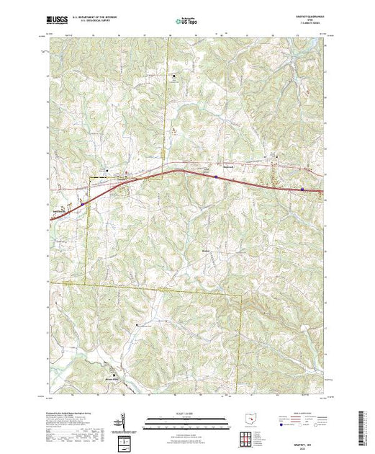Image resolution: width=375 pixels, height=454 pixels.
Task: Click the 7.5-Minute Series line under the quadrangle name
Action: coord(311,26)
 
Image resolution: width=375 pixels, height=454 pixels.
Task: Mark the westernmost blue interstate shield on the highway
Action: coord(83,203)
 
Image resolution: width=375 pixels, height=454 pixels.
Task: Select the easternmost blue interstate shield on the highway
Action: coord(302,190)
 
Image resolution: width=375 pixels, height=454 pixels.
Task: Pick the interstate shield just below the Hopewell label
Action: coord(215,175)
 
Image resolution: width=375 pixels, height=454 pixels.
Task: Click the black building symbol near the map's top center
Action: coord(173,76)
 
